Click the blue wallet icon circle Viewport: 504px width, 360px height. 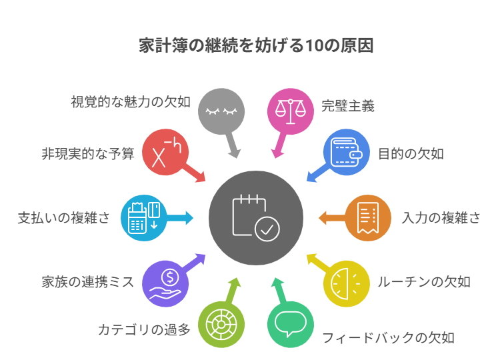pos(347,153)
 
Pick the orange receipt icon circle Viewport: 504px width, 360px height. pos(367,217)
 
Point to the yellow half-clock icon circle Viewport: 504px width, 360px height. pos(347,283)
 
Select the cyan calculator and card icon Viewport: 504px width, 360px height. pos(144,217)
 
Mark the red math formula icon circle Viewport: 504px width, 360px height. pos(165,153)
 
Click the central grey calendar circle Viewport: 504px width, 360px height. pos(256,217)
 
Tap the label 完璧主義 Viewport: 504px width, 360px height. pos(347,106)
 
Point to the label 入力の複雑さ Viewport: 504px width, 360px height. pos(441,218)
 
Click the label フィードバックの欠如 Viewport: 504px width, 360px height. pos(388,337)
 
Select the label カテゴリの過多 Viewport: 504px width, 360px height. pos(144,329)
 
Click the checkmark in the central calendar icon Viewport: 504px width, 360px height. pos(267,229)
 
